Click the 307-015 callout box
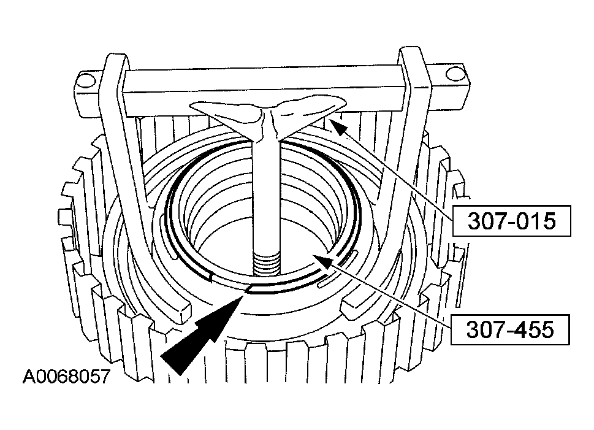click(511, 221)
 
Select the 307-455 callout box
click(510, 329)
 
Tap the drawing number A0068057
click(66, 376)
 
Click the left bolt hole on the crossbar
click(87, 80)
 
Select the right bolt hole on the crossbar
click(455, 74)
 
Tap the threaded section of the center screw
click(266, 263)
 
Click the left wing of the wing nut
click(227, 115)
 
